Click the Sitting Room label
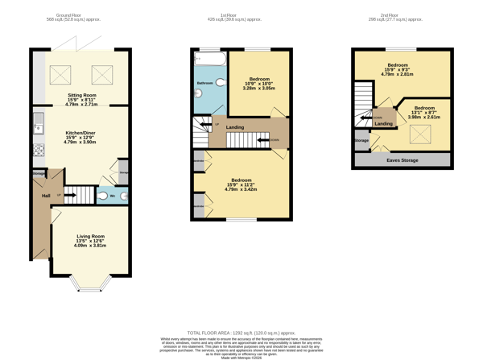(x=81, y=95)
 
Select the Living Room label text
(x=90, y=236)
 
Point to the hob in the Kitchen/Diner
(x=38, y=150)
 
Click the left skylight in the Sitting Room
(x=60, y=75)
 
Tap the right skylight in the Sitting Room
(x=102, y=75)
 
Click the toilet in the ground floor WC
(x=102, y=196)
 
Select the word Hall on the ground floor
(x=46, y=196)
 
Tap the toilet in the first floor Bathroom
(x=199, y=93)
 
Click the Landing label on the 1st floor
(x=235, y=127)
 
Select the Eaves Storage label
(x=402, y=160)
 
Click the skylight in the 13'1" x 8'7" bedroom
(x=420, y=134)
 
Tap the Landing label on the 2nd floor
(x=384, y=123)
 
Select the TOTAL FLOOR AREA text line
(x=241, y=333)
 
